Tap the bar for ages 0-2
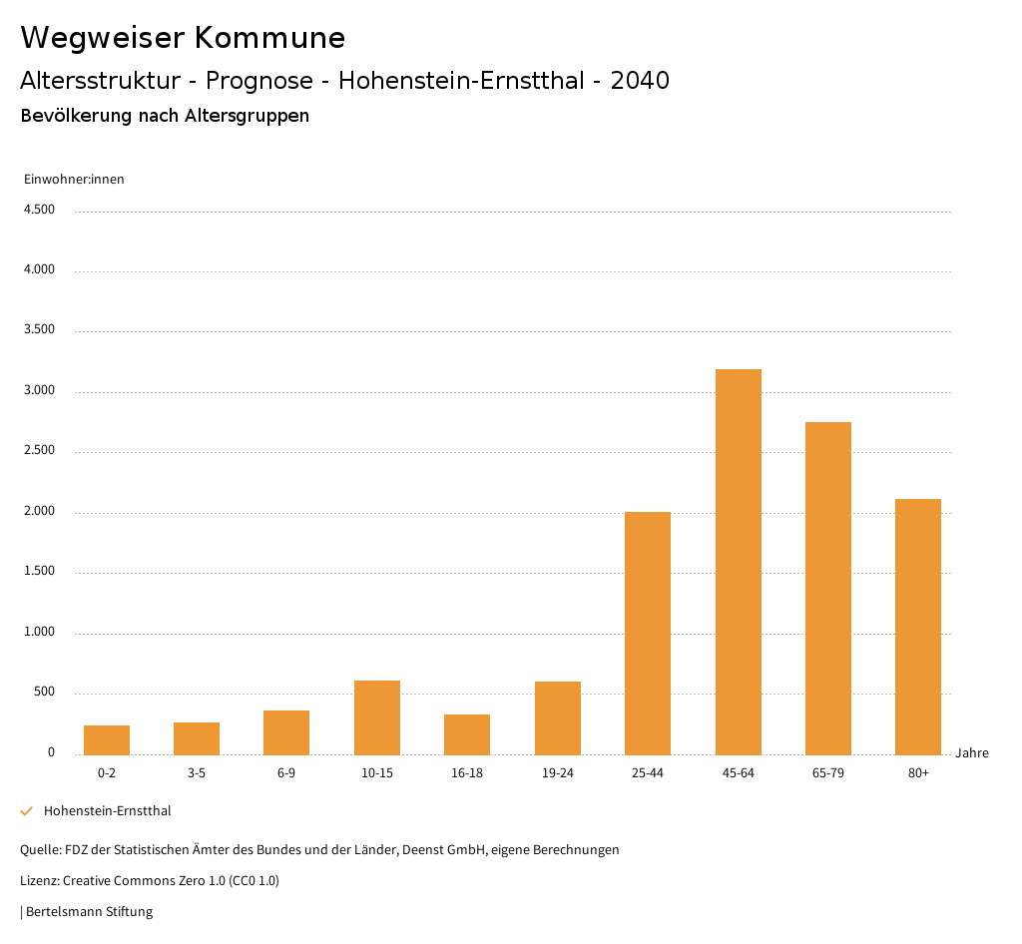[x=107, y=739]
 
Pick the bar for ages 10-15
[x=377, y=717]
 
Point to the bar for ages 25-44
[x=648, y=633]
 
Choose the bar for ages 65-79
[x=828, y=588]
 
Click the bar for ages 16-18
[x=467, y=734]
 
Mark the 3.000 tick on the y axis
[x=39, y=391]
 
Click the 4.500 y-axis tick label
[x=39, y=210]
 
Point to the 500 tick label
[x=44, y=693]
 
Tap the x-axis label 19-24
[x=558, y=773]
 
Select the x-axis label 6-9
[x=286, y=773]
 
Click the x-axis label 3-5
[x=197, y=773]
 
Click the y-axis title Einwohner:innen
[x=74, y=180]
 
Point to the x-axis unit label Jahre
[x=972, y=753]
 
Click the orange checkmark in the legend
[x=27, y=811]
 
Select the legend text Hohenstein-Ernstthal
[x=108, y=811]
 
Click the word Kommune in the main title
[x=269, y=38]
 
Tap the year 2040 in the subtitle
[x=640, y=81]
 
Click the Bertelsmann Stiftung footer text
[x=89, y=912]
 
